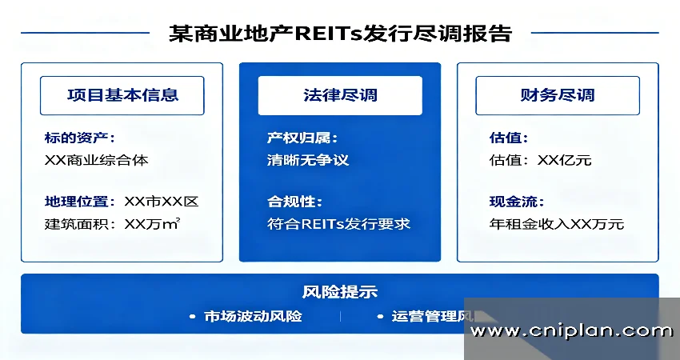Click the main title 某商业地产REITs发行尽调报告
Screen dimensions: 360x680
coord(340,34)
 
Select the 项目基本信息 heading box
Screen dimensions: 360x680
coord(122,95)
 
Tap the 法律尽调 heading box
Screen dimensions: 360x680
coord(340,95)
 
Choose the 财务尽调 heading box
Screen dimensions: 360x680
coord(558,95)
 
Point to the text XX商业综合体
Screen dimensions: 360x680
coord(97,160)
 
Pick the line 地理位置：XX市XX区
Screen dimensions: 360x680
coord(122,202)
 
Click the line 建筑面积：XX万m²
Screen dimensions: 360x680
coord(113,224)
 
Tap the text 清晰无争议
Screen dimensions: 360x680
coord(308,160)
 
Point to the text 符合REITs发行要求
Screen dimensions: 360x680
coord(338,224)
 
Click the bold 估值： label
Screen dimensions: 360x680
coord(509,138)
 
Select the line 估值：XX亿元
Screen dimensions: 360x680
coord(541,160)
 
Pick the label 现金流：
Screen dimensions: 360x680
coord(514,202)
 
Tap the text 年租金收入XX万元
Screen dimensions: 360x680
coord(557,224)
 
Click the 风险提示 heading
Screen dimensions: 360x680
coord(340,292)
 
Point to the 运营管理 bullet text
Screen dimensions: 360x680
coord(424,316)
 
